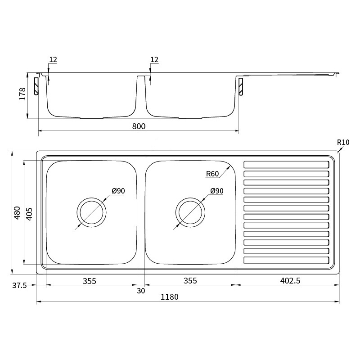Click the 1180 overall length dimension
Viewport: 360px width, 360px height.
(170, 297)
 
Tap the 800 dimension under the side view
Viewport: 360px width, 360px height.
(139, 126)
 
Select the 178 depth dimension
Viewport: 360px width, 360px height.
(22, 94)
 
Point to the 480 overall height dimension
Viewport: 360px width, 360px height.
(17, 213)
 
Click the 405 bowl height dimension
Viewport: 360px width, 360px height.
(29, 214)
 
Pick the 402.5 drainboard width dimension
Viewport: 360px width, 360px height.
(290, 280)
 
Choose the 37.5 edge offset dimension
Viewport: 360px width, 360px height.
(19, 286)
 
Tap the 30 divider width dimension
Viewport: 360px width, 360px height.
(141, 291)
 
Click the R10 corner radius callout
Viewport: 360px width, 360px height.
(343, 142)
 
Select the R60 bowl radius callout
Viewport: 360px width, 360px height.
(212, 174)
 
